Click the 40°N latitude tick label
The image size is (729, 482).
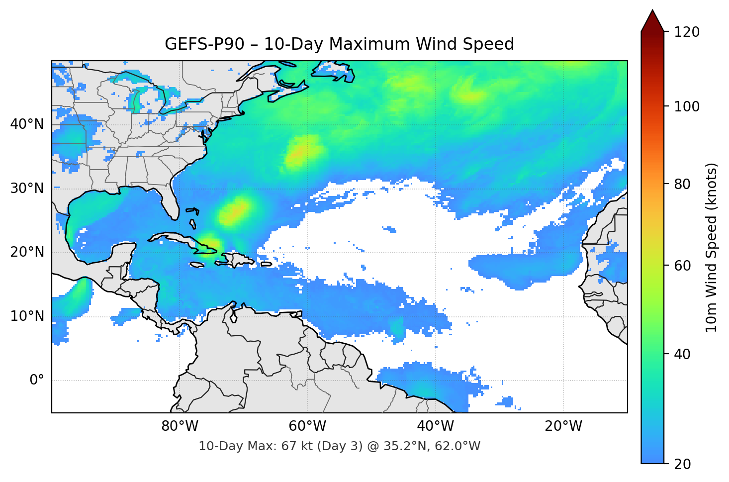point(27,124)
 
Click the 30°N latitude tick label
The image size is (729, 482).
point(27,189)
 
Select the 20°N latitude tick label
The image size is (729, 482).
point(27,252)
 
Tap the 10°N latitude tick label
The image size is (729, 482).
point(27,316)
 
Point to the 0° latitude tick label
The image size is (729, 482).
point(37,381)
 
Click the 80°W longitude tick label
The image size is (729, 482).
point(180,426)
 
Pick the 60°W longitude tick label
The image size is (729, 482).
point(307,426)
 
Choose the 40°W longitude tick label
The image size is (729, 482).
point(435,426)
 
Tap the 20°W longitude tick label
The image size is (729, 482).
point(563,426)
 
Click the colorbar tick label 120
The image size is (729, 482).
point(686,32)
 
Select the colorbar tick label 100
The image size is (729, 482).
point(686,106)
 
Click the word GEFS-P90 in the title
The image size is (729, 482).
point(204,44)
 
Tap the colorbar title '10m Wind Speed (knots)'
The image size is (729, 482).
point(712,248)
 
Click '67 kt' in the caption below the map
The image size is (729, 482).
point(296,446)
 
